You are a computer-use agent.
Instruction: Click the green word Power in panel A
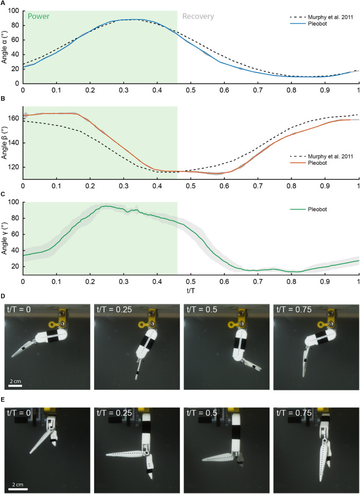(38, 16)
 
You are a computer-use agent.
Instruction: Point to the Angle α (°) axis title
(5, 47)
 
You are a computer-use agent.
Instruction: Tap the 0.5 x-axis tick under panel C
(191, 281)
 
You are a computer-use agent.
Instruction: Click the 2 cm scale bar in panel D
(15, 387)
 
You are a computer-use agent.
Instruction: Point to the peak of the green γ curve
(107, 206)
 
